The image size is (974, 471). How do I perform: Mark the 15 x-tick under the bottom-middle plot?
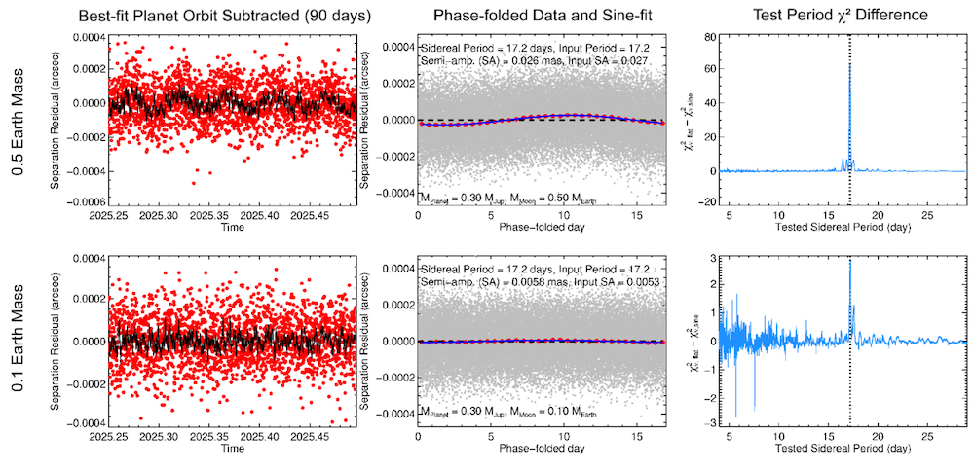click(635, 434)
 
